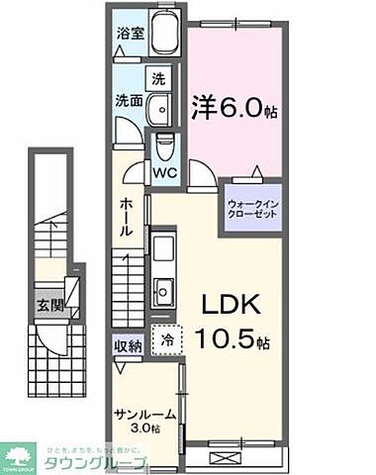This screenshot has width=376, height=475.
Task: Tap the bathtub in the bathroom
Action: (x=163, y=38)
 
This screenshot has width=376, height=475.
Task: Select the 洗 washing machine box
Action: (x=157, y=77)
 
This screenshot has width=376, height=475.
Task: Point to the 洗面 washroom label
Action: (x=129, y=101)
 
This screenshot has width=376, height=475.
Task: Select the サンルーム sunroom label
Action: (x=142, y=416)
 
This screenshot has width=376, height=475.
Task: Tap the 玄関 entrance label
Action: (x=51, y=306)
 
